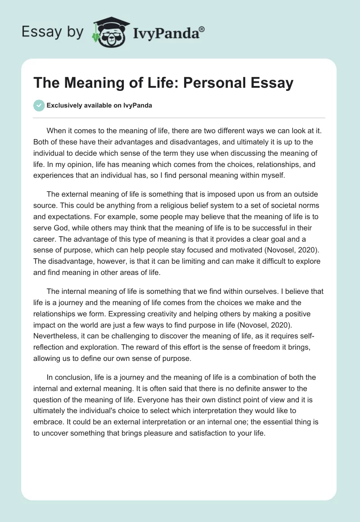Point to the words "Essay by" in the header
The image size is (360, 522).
(x=52, y=31)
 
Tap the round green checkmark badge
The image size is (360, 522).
(x=39, y=106)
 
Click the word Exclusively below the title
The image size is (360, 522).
(x=64, y=106)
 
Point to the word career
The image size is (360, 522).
(x=45, y=239)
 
